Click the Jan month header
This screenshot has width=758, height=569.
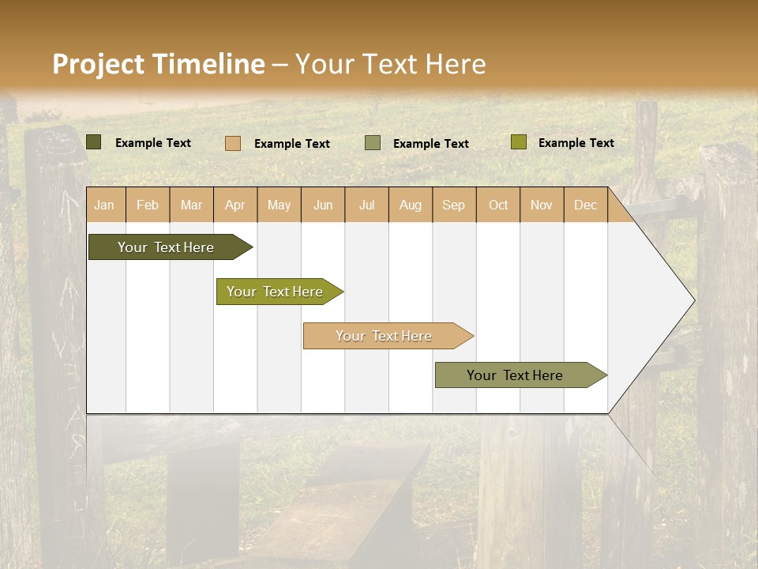click(x=105, y=205)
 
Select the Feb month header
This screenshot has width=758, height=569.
click(x=148, y=205)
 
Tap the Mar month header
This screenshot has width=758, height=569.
click(x=191, y=205)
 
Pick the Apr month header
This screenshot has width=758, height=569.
click(x=235, y=205)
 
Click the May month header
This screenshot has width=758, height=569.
click(x=279, y=205)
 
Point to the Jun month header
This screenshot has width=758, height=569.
click(x=323, y=205)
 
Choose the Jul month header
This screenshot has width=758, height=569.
click(x=366, y=205)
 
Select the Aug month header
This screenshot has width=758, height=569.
click(x=411, y=205)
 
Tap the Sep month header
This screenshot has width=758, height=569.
click(x=454, y=205)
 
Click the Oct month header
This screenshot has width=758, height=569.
click(x=498, y=205)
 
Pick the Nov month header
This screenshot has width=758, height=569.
click(x=542, y=205)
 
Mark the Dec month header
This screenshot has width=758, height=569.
click(x=586, y=205)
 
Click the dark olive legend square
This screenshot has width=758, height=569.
click(x=94, y=142)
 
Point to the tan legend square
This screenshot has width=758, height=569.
click(x=233, y=143)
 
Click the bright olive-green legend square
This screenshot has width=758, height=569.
click(x=518, y=142)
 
